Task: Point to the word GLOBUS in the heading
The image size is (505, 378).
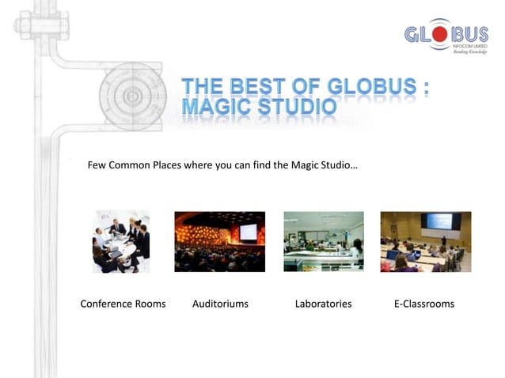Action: (371, 86)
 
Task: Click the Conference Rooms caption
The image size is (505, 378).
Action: (123, 304)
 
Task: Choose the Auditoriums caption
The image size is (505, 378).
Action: (220, 304)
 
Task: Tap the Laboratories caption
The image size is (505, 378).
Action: (323, 304)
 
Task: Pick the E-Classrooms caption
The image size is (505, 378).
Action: (424, 304)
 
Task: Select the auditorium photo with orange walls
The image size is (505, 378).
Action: (219, 241)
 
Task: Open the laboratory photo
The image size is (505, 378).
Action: (323, 241)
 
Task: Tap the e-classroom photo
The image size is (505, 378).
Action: (425, 241)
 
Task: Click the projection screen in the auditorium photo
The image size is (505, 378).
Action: (248, 232)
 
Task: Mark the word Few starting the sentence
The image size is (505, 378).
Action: (97, 165)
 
